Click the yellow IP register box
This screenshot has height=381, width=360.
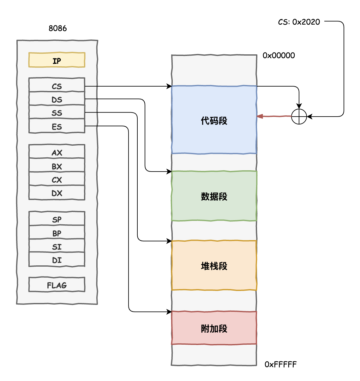(x=57, y=60)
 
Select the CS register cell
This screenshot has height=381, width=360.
(x=57, y=86)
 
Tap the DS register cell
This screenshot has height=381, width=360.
(x=57, y=99)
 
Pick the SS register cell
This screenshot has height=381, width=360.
(x=57, y=113)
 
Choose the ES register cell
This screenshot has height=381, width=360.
(x=57, y=126)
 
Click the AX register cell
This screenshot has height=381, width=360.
(x=57, y=152)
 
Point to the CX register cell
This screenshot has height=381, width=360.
(x=57, y=180)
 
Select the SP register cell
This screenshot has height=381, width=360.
(x=57, y=219)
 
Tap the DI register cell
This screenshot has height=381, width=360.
(x=57, y=260)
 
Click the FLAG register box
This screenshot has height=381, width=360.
(x=57, y=285)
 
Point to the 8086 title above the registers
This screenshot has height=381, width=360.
(x=58, y=28)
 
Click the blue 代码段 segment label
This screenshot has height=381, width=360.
(x=214, y=121)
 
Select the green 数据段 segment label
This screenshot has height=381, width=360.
(x=214, y=196)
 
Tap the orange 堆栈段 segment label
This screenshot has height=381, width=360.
(x=214, y=266)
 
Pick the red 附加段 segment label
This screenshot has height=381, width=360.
(x=214, y=329)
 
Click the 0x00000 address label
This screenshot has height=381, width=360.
(x=279, y=55)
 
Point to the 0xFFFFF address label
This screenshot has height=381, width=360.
(x=280, y=364)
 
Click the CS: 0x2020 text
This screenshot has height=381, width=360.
(x=299, y=22)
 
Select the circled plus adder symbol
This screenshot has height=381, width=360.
(x=299, y=117)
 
